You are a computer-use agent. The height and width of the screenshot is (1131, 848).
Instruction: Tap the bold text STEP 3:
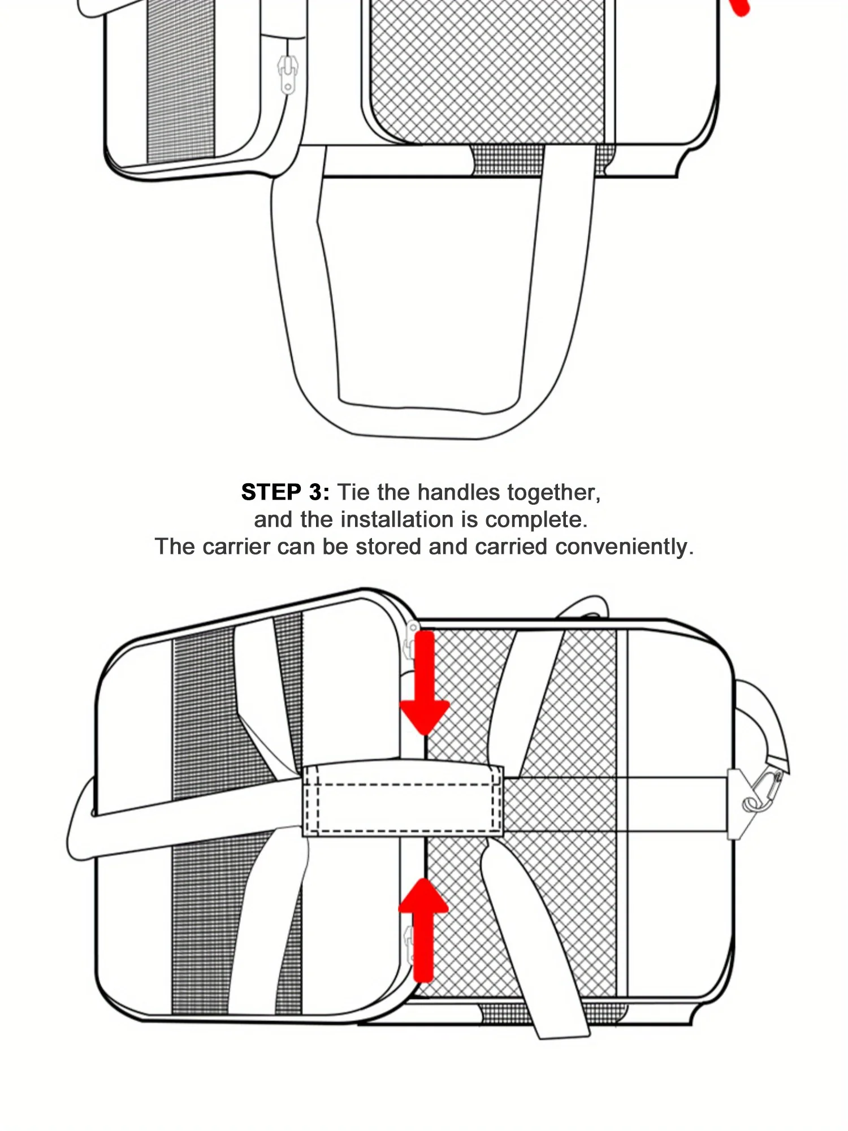[x=285, y=492]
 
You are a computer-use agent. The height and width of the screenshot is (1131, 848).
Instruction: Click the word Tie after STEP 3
[x=354, y=492]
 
